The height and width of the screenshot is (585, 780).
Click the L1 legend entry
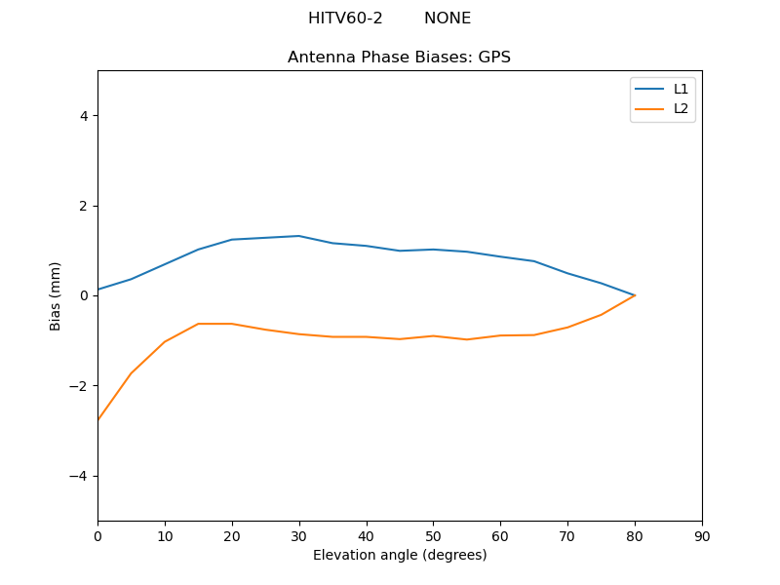pyautogui.click(x=681, y=89)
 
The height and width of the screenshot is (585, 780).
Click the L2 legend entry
pyautogui.click(x=681, y=108)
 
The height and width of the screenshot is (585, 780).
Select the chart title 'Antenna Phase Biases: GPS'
pyautogui.click(x=399, y=58)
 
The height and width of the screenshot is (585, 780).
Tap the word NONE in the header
pyautogui.click(x=448, y=19)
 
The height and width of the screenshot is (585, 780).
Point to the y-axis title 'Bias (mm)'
pyautogui.click(x=57, y=295)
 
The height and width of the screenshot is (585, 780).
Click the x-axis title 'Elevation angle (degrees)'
pyautogui.click(x=400, y=555)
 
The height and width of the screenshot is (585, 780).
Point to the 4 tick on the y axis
pyautogui.click(x=84, y=116)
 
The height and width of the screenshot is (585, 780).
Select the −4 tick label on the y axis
pyautogui.click(x=80, y=476)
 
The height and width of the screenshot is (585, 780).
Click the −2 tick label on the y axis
pyautogui.click(x=80, y=386)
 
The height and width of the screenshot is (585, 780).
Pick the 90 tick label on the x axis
pyautogui.click(x=702, y=536)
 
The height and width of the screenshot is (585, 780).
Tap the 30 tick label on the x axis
pyautogui.click(x=299, y=536)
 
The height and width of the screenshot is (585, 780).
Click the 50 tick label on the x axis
pyautogui.click(x=433, y=536)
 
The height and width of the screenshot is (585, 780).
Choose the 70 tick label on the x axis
pyautogui.click(x=567, y=536)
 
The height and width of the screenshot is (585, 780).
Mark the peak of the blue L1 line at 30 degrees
pyautogui.click(x=299, y=236)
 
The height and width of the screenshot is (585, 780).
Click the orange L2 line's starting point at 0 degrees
pyautogui.click(x=98, y=419)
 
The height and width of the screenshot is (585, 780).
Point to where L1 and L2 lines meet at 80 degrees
pyautogui.click(x=635, y=295)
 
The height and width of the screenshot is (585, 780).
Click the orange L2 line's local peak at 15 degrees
pyautogui.click(x=199, y=324)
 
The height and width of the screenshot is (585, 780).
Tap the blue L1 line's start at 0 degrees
pyautogui.click(x=98, y=290)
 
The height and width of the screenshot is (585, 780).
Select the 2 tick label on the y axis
pyautogui.click(x=84, y=206)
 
